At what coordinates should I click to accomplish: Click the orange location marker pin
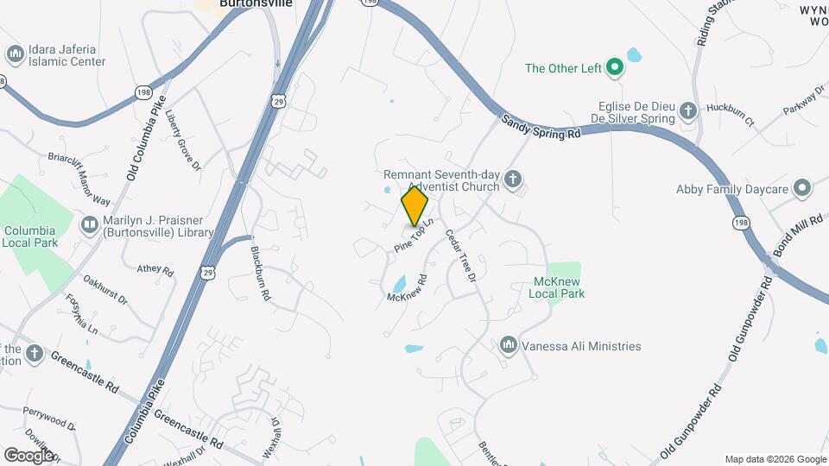pos(414,206)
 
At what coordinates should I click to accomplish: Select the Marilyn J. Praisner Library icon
pos(90,225)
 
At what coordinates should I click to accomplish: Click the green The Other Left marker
pos(614,68)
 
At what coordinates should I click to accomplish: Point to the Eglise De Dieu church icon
pos(687,110)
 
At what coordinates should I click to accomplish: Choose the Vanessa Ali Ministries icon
pos(508,346)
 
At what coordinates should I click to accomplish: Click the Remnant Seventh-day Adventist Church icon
pos(513,179)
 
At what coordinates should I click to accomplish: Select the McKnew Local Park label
pos(558,288)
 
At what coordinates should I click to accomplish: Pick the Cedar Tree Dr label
pos(460,255)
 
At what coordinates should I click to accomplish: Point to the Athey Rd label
pos(155,269)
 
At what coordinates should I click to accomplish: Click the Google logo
pos(28,455)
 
